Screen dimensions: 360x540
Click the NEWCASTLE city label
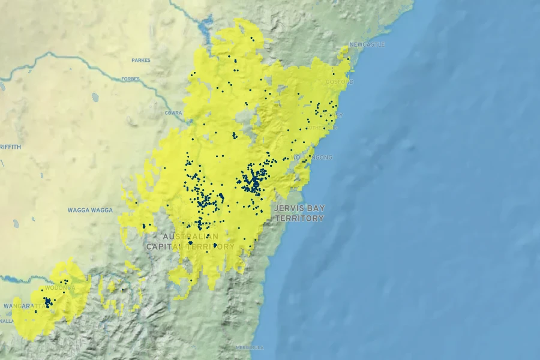(x=367, y=45)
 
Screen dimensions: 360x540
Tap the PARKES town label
(x=141, y=61)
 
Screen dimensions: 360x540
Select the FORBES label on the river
(x=130, y=79)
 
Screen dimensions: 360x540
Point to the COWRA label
(x=173, y=113)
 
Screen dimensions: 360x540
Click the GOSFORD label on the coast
(x=340, y=82)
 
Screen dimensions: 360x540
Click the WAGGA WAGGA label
(x=90, y=210)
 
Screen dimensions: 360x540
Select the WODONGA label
(x=61, y=288)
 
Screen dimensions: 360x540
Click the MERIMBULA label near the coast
(x=250, y=347)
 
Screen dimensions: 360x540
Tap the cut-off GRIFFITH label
(x=10, y=147)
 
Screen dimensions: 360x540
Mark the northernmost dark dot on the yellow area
(x=253, y=40)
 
